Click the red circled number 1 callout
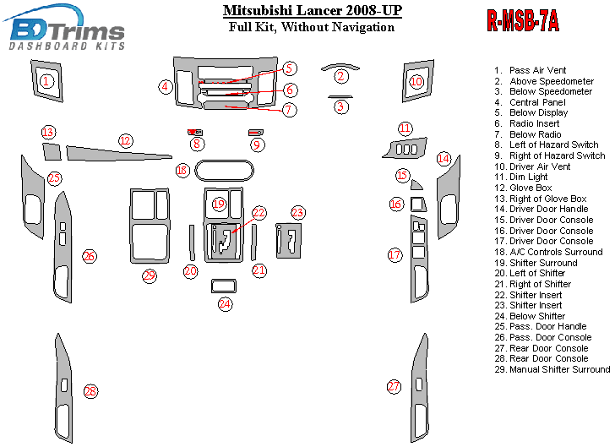click(46, 81)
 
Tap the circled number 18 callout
click(182, 171)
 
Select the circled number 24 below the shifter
click(225, 303)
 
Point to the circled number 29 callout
click(150, 275)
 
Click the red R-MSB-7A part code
click(523, 20)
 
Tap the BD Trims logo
click(65, 28)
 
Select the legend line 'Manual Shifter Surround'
click(552, 369)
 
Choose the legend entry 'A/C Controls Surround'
click(548, 252)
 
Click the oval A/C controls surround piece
click(225, 171)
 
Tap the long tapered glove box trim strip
click(119, 154)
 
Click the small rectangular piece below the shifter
click(224, 286)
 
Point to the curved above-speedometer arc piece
click(340, 67)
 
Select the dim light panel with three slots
click(405, 148)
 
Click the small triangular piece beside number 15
click(416, 185)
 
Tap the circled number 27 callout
click(394, 386)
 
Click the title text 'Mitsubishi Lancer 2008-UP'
click(313, 10)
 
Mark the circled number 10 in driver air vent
click(416, 82)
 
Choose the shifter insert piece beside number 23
click(289, 241)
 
